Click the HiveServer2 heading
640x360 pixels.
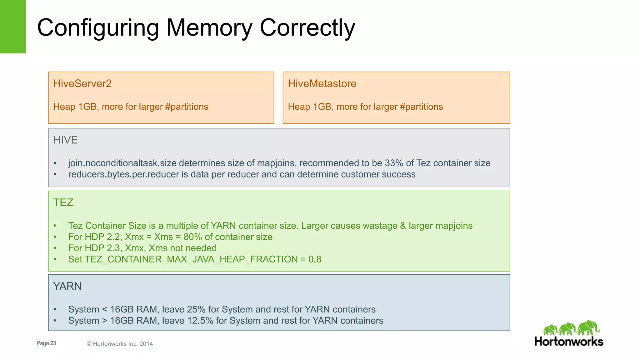(82, 84)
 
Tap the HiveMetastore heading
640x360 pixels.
(322, 84)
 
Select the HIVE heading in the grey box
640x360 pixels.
(65, 140)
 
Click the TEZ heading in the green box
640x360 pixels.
(63, 202)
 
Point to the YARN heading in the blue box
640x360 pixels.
(67, 286)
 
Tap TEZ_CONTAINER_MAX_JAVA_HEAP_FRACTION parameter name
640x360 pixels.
(191, 259)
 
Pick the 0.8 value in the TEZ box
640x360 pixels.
(315, 259)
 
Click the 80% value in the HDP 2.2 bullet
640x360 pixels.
(192, 237)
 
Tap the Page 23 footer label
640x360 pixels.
(46, 343)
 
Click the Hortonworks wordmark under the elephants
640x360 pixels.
(569, 342)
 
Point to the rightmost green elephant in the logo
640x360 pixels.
(589, 327)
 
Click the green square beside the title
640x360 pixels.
(12, 27)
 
